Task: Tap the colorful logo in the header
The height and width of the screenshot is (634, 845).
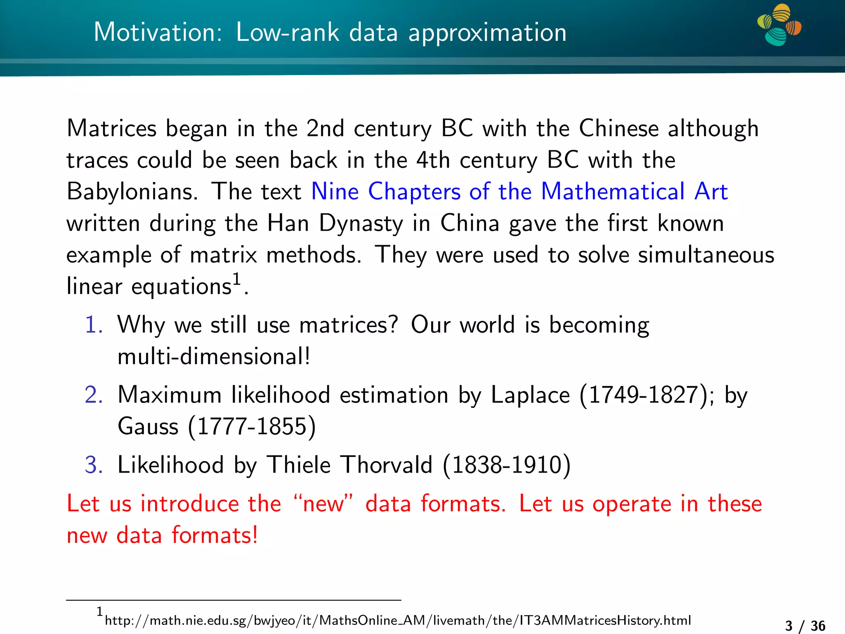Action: (779, 25)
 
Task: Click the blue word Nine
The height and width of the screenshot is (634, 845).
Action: (335, 192)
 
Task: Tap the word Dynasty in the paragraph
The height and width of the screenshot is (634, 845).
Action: (361, 224)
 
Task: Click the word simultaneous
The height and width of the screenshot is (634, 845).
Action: (706, 255)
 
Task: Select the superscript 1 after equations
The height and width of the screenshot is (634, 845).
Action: (236, 279)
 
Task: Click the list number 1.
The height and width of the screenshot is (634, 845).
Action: (94, 324)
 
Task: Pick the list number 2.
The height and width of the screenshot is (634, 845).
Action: (94, 395)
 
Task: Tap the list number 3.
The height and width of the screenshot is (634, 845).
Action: (94, 465)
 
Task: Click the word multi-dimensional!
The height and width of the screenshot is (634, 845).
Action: (214, 356)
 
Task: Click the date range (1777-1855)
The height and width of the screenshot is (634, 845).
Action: (252, 426)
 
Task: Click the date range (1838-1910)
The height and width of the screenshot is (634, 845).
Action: (507, 465)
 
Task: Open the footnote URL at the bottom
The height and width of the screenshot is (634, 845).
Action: (398, 620)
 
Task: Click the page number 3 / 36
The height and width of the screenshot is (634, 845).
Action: (805, 626)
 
